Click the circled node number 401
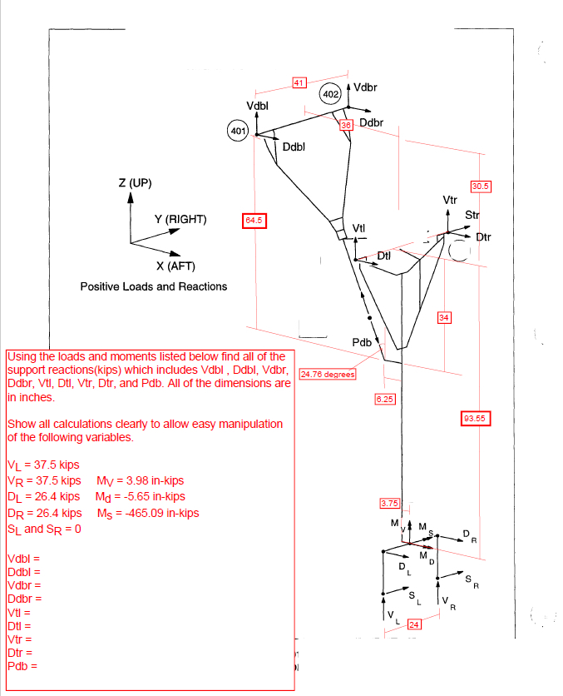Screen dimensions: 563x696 238,131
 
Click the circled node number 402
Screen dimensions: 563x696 330,93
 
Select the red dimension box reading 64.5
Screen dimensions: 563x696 254,220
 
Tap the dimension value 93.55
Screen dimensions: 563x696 475,418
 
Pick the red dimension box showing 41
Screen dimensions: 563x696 299,82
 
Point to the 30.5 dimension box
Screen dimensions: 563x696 481,186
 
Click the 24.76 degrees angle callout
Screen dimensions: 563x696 328,374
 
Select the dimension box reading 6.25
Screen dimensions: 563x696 384,399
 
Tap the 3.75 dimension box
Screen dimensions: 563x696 390,503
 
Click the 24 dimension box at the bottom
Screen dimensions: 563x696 413,624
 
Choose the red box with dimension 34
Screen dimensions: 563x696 444,317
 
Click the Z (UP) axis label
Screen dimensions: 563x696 136,183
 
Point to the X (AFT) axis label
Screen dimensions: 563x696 175,266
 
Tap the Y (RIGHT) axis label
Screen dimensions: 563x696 180,219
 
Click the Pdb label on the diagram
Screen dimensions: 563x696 362,342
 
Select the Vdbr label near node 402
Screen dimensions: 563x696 365,87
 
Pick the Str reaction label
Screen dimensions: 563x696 472,215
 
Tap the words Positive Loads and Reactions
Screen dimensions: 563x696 153,286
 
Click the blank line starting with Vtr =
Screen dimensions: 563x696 19,639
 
